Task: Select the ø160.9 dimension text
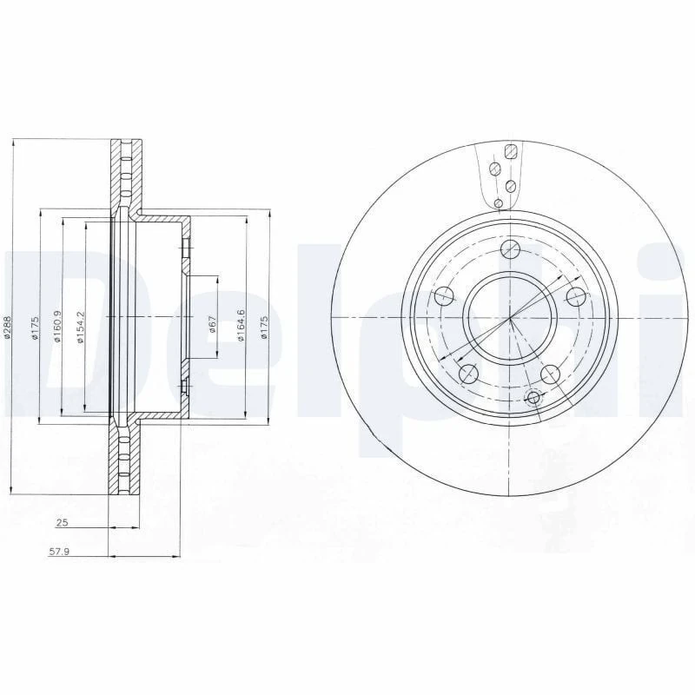[x=58, y=328]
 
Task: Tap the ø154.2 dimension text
[x=80, y=328]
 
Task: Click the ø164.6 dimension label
[x=242, y=325]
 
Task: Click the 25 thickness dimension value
[x=62, y=523]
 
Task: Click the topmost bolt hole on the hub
[x=511, y=251]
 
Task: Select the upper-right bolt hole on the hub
[x=575, y=296]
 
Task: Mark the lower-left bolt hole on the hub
[x=468, y=374]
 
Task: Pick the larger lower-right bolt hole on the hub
[x=550, y=374]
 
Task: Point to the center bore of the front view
[x=510, y=318]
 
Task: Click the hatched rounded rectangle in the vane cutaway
[x=512, y=151]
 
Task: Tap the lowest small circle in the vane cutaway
[x=498, y=203]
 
